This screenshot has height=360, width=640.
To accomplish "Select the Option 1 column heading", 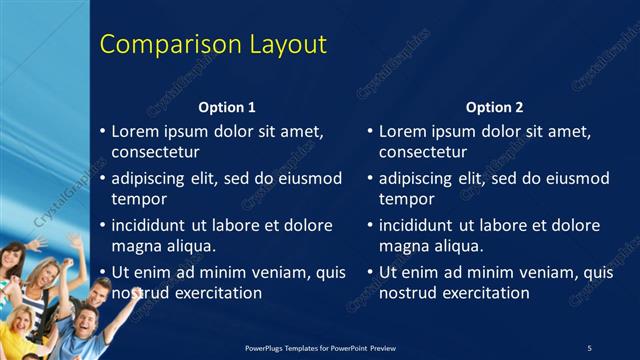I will (227, 107).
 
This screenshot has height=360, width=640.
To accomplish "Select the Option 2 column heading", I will (494, 107).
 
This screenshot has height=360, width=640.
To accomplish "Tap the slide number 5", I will (589, 347).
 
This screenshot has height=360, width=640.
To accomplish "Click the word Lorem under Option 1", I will (135, 131).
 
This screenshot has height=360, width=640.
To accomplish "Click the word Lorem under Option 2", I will (402, 131).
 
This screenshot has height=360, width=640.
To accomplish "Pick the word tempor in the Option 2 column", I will (404, 199).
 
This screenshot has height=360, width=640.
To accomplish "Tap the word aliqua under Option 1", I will (189, 246).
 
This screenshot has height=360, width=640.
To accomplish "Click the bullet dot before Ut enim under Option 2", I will (370, 272).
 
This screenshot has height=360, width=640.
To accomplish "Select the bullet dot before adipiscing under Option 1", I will (103, 179).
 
